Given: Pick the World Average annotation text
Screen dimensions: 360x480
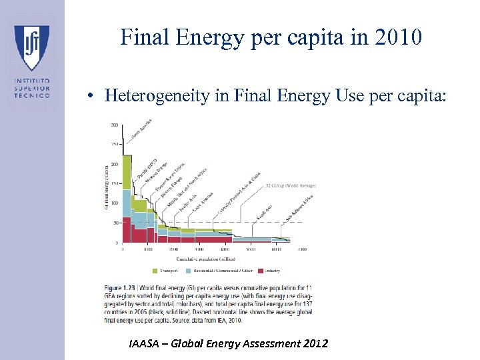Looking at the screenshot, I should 291,185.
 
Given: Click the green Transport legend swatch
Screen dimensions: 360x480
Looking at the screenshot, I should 156,271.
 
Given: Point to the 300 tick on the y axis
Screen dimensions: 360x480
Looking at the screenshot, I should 115,125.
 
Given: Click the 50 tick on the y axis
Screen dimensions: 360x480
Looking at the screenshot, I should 115,223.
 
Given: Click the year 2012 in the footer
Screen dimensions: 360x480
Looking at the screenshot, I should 314,344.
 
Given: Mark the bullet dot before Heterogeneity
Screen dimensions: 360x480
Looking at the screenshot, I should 89,97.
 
